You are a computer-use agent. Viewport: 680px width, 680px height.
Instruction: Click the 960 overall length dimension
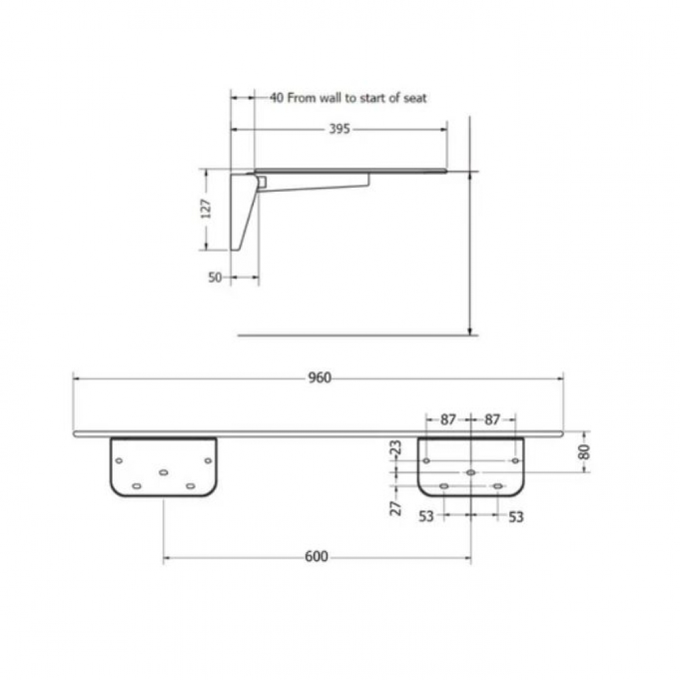(320, 377)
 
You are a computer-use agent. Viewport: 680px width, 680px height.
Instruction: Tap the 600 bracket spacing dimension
(317, 556)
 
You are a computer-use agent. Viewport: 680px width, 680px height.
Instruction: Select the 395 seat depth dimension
(339, 129)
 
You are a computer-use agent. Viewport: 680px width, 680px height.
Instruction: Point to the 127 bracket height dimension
(207, 209)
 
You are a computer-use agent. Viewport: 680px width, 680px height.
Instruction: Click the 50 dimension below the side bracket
(215, 277)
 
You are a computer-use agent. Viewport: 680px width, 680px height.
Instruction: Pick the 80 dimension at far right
(585, 452)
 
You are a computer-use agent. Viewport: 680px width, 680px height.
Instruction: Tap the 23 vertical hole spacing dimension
(396, 447)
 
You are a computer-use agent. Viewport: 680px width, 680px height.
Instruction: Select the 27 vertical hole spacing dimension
(396, 508)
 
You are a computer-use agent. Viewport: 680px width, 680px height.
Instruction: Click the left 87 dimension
(448, 420)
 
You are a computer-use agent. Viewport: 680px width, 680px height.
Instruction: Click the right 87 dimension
(492, 420)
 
